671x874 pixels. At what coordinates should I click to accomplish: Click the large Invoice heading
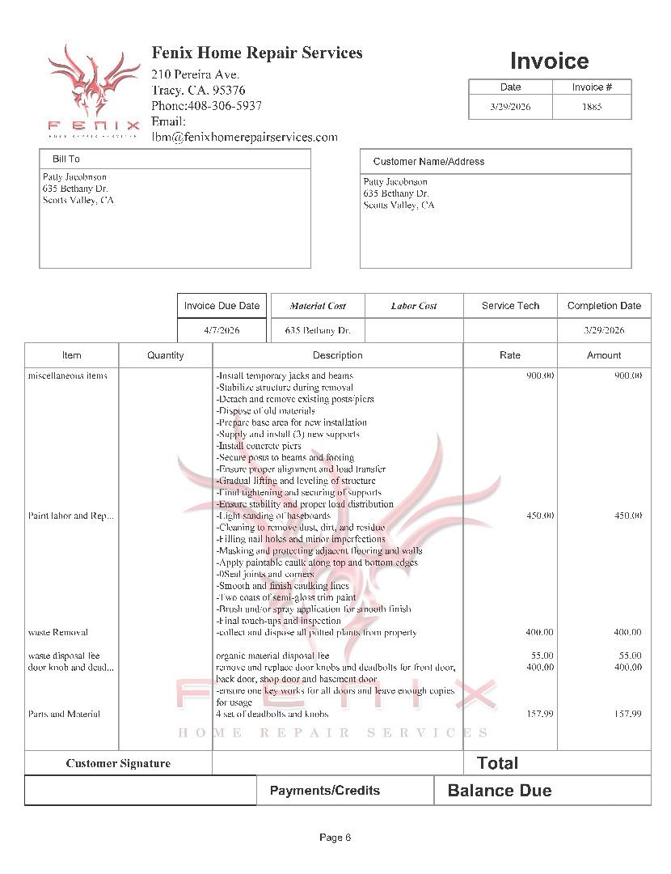pyautogui.click(x=549, y=61)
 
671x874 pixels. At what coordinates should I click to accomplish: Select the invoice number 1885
pyautogui.click(x=592, y=107)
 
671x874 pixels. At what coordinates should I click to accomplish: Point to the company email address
pyautogui.click(x=244, y=137)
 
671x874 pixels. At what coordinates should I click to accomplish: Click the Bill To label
pyautogui.click(x=66, y=159)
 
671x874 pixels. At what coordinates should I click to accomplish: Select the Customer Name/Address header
pyautogui.click(x=428, y=161)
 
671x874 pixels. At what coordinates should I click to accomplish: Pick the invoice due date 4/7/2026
pyautogui.click(x=222, y=330)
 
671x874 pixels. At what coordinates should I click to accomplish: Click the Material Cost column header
pyautogui.click(x=318, y=306)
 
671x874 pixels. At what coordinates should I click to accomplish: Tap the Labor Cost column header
pyautogui.click(x=414, y=306)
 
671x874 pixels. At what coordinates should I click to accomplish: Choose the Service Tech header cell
pyautogui.click(x=510, y=306)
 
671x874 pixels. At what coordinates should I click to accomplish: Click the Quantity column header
pyautogui.click(x=165, y=355)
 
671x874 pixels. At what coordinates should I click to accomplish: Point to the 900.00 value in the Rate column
pyautogui.click(x=540, y=375)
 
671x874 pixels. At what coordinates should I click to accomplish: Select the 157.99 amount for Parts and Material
pyautogui.click(x=627, y=714)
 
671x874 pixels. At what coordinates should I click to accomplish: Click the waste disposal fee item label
pyautogui.click(x=64, y=655)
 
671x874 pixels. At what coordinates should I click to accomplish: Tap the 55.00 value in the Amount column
pyautogui.click(x=630, y=655)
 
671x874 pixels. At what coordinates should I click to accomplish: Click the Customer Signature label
pyautogui.click(x=118, y=763)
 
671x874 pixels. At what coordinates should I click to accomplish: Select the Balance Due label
pyautogui.click(x=500, y=791)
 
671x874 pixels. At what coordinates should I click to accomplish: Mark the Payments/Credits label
pyautogui.click(x=324, y=791)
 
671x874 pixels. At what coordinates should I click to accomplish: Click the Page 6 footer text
pyautogui.click(x=335, y=838)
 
